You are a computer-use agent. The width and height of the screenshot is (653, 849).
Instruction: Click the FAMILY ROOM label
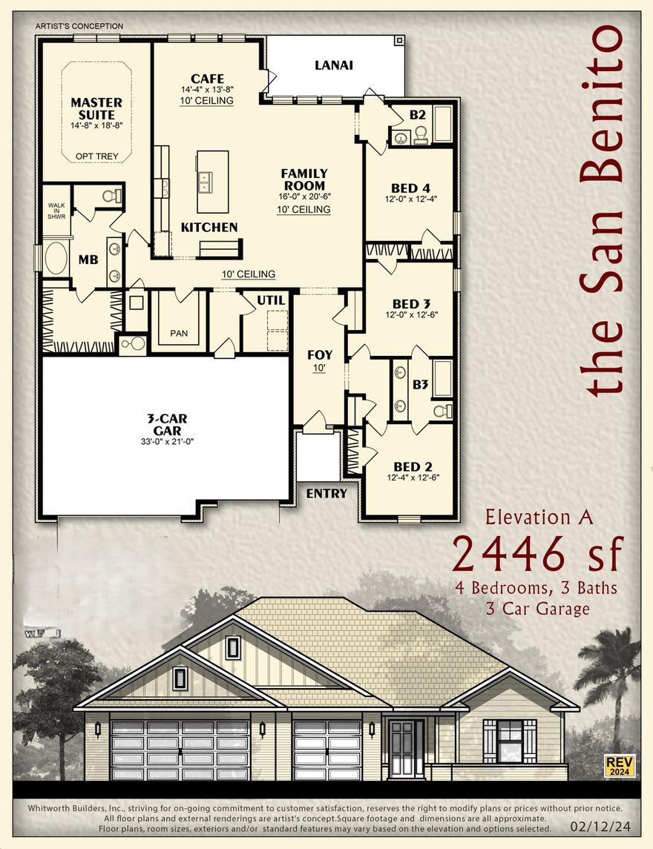[303, 179]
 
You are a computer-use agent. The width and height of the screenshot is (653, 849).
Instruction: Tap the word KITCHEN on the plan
[209, 227]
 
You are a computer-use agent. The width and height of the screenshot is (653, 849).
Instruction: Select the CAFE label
[207, 79]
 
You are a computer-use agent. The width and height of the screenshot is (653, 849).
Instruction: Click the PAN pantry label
[179, 333]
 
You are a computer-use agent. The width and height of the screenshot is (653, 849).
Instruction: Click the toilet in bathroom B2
[420, 133]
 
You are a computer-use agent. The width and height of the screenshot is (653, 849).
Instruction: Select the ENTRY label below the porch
[326, 493]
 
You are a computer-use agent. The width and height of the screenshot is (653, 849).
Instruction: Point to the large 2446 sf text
[538, 552]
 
